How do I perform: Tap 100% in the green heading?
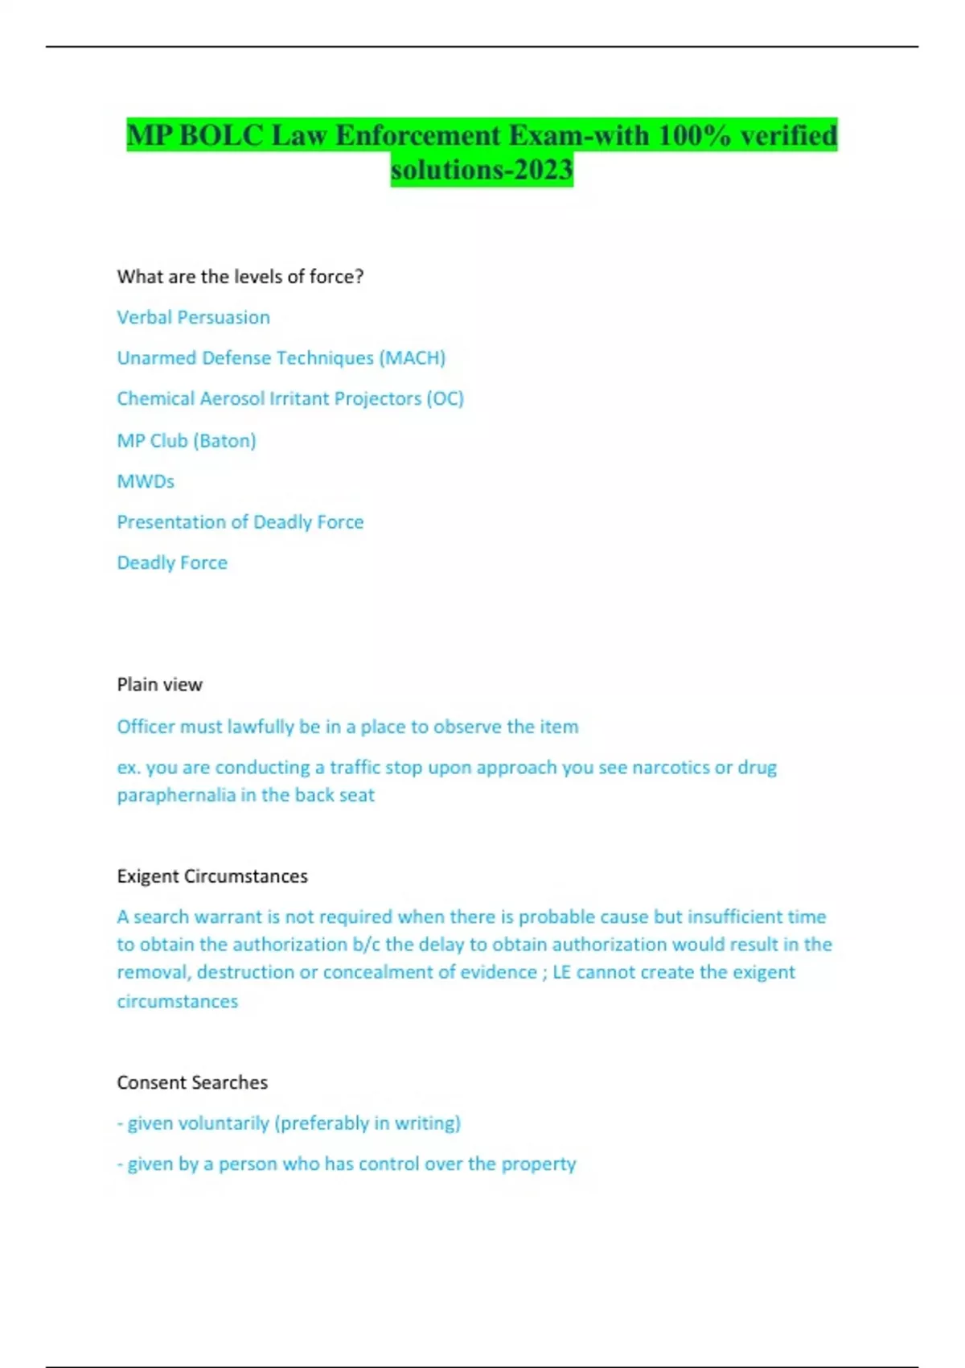pyautogui.click(x=694, y=135)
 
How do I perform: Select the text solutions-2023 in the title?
pyautogui.click(x=482, y=170)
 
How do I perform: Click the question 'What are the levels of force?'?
pyautogui.click(x=240, y=277)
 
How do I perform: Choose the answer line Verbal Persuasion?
pyautogui.click(x=193, y=317)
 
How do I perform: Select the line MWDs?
pyautogui.click(x=146, y=481)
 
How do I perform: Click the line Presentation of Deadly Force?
pyautogui.click(x=240, y=522)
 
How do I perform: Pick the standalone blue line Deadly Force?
pyautogui.click(x=172, y=562)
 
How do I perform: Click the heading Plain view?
pyautogui.click(x=159, y=685)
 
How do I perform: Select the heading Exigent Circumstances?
pyautogui.click(x=212, y=876)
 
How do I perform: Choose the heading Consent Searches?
pyautogui.click(x=192, y=1082)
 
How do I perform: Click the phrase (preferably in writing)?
pyautogui.click(x=368, y=1123)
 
